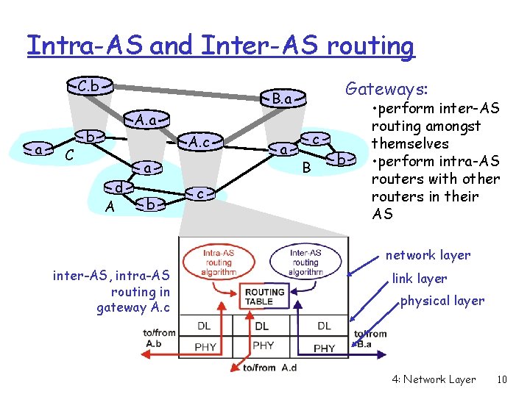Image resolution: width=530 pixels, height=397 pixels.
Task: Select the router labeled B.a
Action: (282, 99)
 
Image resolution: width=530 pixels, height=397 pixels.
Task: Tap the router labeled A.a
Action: (145, 118)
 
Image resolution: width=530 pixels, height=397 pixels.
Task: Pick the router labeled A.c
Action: (199, 141)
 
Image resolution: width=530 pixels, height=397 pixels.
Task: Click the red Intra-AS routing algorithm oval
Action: (219, 262)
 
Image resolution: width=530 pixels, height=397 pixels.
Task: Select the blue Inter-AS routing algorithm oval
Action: (305, 262)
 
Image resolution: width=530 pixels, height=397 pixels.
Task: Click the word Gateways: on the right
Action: (386, 90)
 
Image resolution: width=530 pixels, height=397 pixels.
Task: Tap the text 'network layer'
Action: (428, 255)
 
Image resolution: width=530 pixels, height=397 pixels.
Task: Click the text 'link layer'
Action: (419, 278)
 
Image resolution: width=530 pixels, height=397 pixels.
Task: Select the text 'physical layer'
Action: (442, 300)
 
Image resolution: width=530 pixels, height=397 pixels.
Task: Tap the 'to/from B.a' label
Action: (370, 337)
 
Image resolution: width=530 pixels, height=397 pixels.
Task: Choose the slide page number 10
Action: (502, 379)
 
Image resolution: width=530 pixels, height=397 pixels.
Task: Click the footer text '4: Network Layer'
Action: (434, 379)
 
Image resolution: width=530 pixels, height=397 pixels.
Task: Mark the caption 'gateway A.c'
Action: (132, 307)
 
